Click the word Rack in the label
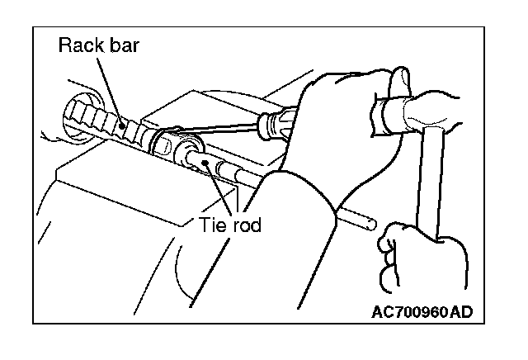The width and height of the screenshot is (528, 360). pyautogui.click(x=79, y=46)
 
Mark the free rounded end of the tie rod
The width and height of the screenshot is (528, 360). pyautogui.click(x=373, y=223)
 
